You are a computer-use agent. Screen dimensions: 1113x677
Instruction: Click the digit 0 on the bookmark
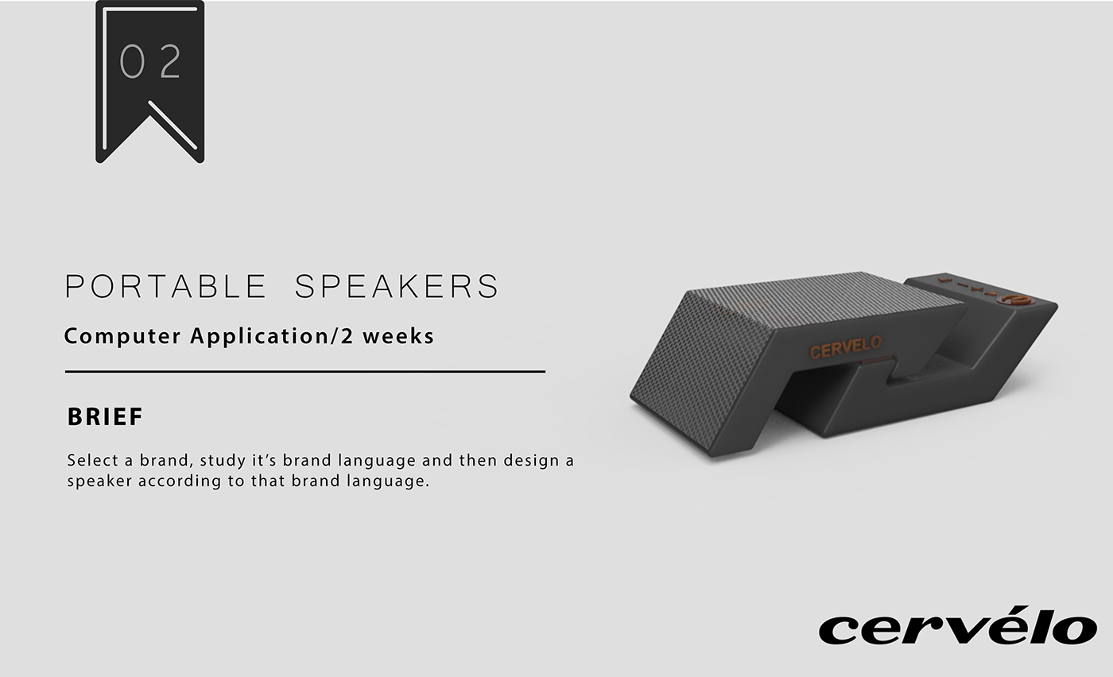click(x=132, y=61)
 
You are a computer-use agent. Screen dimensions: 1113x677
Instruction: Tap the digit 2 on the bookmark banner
click(x=170, y=61)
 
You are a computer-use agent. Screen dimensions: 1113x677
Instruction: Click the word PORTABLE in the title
click(x=165, y=286)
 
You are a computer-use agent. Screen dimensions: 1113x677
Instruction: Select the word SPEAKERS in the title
click(x=397, y=286)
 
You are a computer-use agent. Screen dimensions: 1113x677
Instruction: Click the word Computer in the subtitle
click(x=122, y=336)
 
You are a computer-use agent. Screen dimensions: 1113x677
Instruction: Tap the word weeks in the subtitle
click(x=398, y=336)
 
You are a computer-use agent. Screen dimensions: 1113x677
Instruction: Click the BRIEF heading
click(x=105, y=416)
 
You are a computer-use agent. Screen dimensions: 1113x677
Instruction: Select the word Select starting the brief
click(x=93, y=460)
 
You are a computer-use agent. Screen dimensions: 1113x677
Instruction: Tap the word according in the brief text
click(x=180, y=482)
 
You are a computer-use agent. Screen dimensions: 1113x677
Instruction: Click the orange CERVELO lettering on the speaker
click(x=845, y=347)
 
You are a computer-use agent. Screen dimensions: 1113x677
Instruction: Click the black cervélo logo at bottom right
click(x=957, y=625)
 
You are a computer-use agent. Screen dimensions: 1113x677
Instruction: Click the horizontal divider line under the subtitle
click(x=305, y=371)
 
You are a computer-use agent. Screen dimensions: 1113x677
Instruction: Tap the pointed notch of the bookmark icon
click(x=150, y=116)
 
